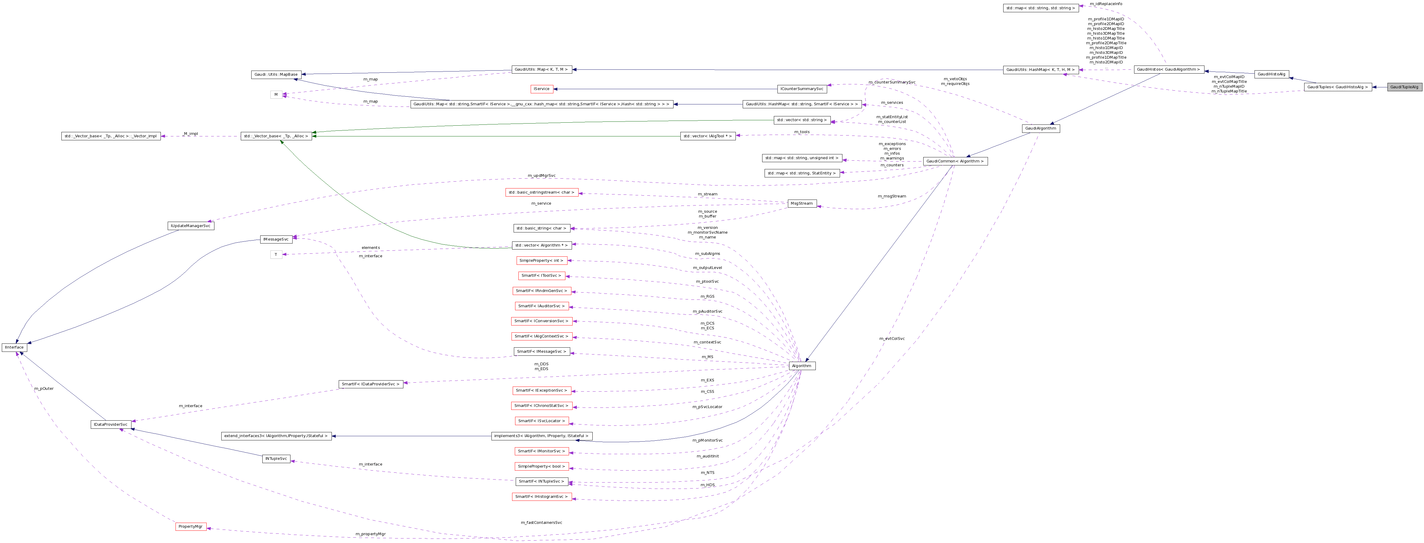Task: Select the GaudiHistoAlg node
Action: tap(1272, 74)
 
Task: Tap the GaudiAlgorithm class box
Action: tap(1040, 128)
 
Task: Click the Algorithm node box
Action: tap(802, 366)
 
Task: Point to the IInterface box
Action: tap(14, 347)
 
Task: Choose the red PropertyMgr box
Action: tap(191, 527)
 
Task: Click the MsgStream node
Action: tap(802, 203)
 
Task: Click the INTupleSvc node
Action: tap(276, 459)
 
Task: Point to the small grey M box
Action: tap(276, 95)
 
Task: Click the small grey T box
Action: tap(276, 255)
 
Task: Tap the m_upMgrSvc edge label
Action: tap(541, 176)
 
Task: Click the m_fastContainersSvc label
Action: tap(541, 522)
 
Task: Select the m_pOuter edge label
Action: tap(44, 388)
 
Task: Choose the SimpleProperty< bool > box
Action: tap(541, 466)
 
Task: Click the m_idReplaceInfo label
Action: tap(1106, 4)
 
